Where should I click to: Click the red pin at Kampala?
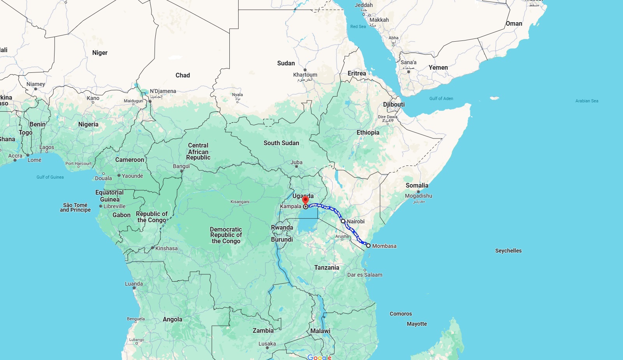click(x=305, y=200)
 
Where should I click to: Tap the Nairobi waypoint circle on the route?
click(x=343, y=221)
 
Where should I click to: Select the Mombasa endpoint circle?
click(x=368, y=246)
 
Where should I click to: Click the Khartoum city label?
click(x=305, y=75)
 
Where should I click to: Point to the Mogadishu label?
click(x=419, y=196)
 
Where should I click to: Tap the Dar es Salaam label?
click(x=365, y=275)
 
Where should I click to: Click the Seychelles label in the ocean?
click(x=508, y=251)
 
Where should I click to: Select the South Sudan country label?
click(x=281, y=143)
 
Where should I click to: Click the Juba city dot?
click(x=296, y=167)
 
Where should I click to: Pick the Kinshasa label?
click(x=166, y=248)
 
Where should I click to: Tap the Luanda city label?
click(x=134, y=284)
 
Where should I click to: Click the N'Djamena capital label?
click(x=163, y=91)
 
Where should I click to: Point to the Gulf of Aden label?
click(x=441, y=98)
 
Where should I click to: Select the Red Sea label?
click(x=358, y=26)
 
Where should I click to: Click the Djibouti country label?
click(x=394, y=104)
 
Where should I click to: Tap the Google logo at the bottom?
click(x=319, y=357)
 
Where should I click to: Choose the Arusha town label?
click(x=342, y=236)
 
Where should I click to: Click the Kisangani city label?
click(x=240, y=202)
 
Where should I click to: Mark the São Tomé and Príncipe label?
click(x=75, y=207)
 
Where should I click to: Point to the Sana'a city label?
click(x=408, y=62)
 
